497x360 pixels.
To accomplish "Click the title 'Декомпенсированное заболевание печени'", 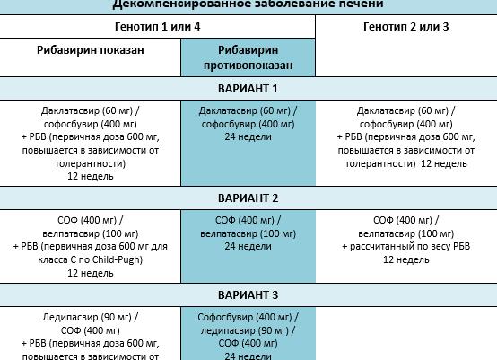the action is tap(248, 5).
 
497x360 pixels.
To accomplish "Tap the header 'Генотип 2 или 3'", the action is tap(405, 27).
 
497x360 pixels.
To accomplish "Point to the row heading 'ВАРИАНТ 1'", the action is tap(248, 89).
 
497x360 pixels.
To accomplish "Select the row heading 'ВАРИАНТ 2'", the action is tap(248, 198).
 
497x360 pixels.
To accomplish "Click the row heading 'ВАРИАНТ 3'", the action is tap(248, 295).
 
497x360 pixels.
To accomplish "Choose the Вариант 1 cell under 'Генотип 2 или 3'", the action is tap(405, 143).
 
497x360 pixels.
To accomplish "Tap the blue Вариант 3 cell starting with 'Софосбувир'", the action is tap(248, 337).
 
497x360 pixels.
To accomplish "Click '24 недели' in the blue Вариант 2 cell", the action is tap(248, 246).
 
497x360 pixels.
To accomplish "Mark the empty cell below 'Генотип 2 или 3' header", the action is tap(405, 58).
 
